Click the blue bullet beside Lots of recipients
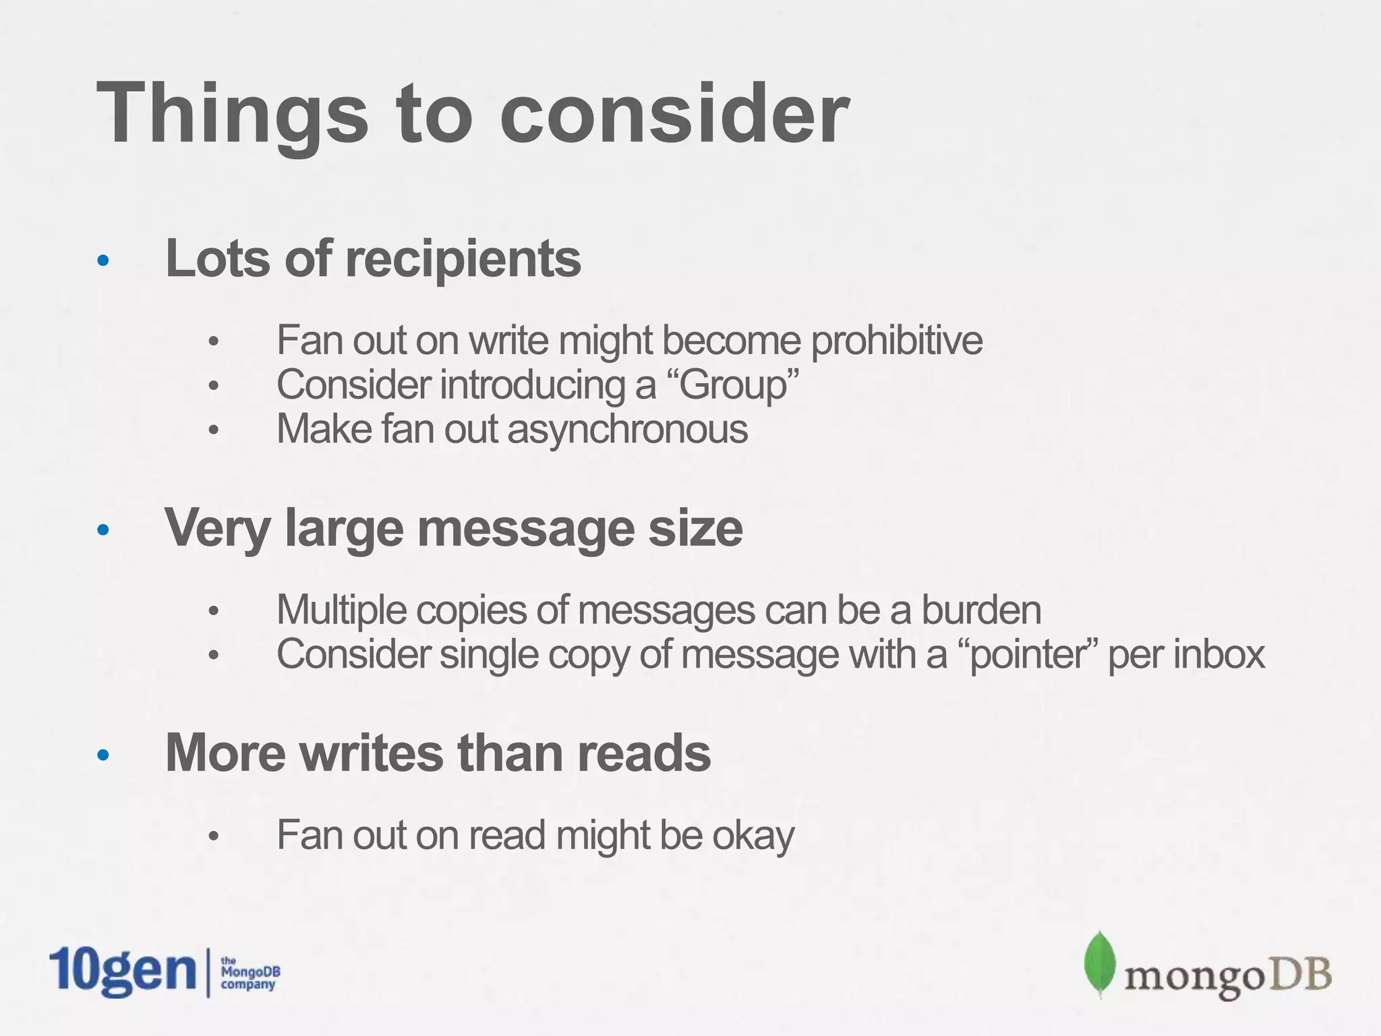[x=102, y=261]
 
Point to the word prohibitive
[x=897, y=341]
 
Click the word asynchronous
[x=628, y=429]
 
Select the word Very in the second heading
[x=218, y=528]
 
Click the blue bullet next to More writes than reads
[x=102, y=755]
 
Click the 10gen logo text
[x=122, y=971]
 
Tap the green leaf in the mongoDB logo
[x=1098, y=963]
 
